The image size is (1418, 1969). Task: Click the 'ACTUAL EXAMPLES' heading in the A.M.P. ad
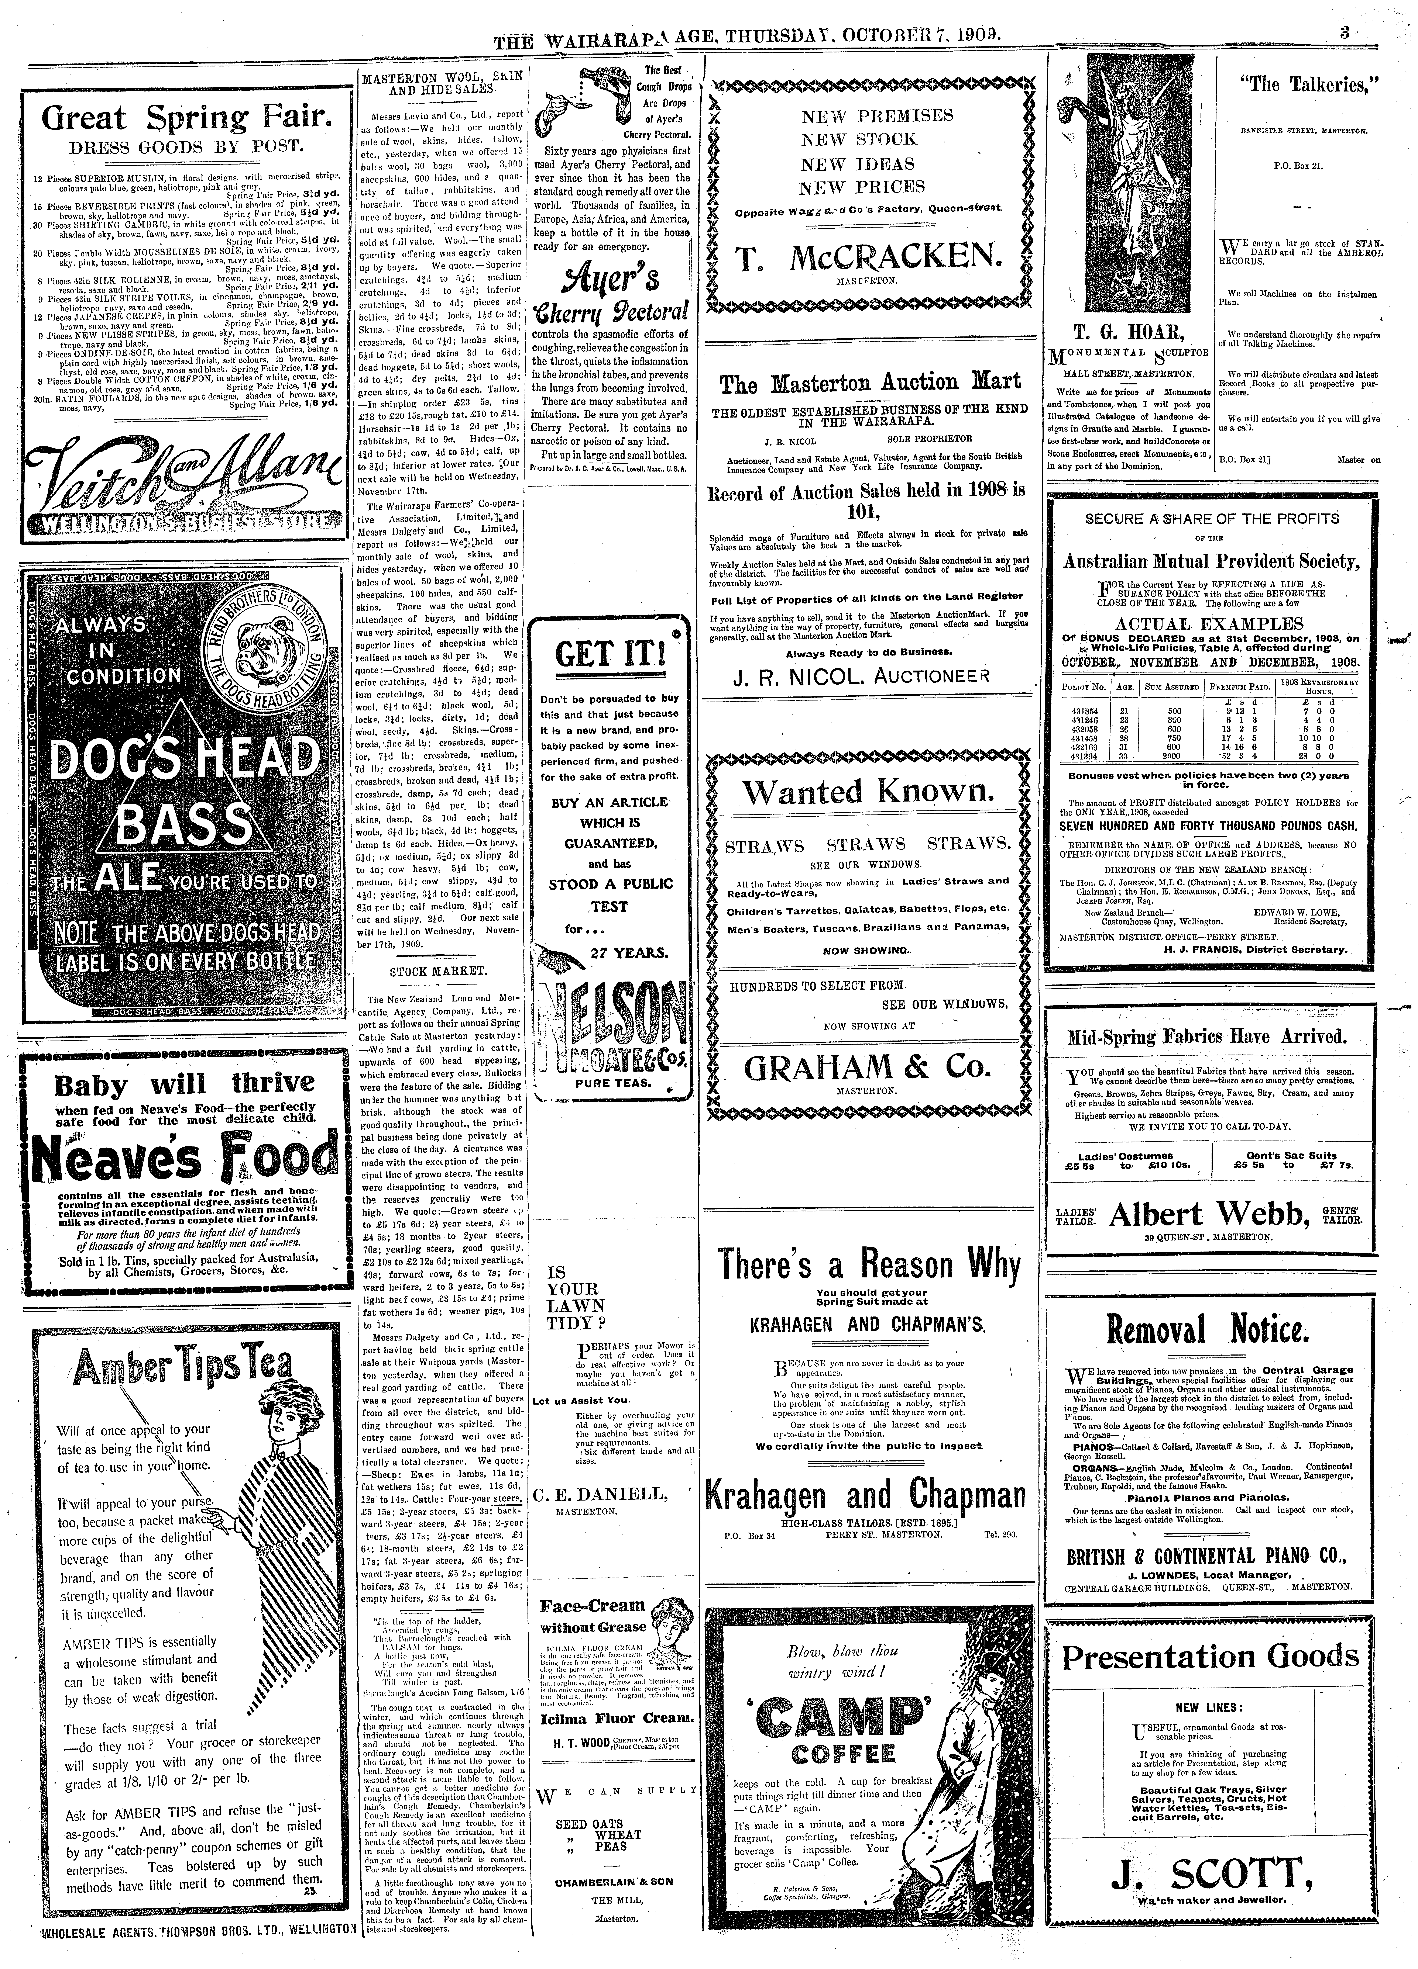point(1209,623)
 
